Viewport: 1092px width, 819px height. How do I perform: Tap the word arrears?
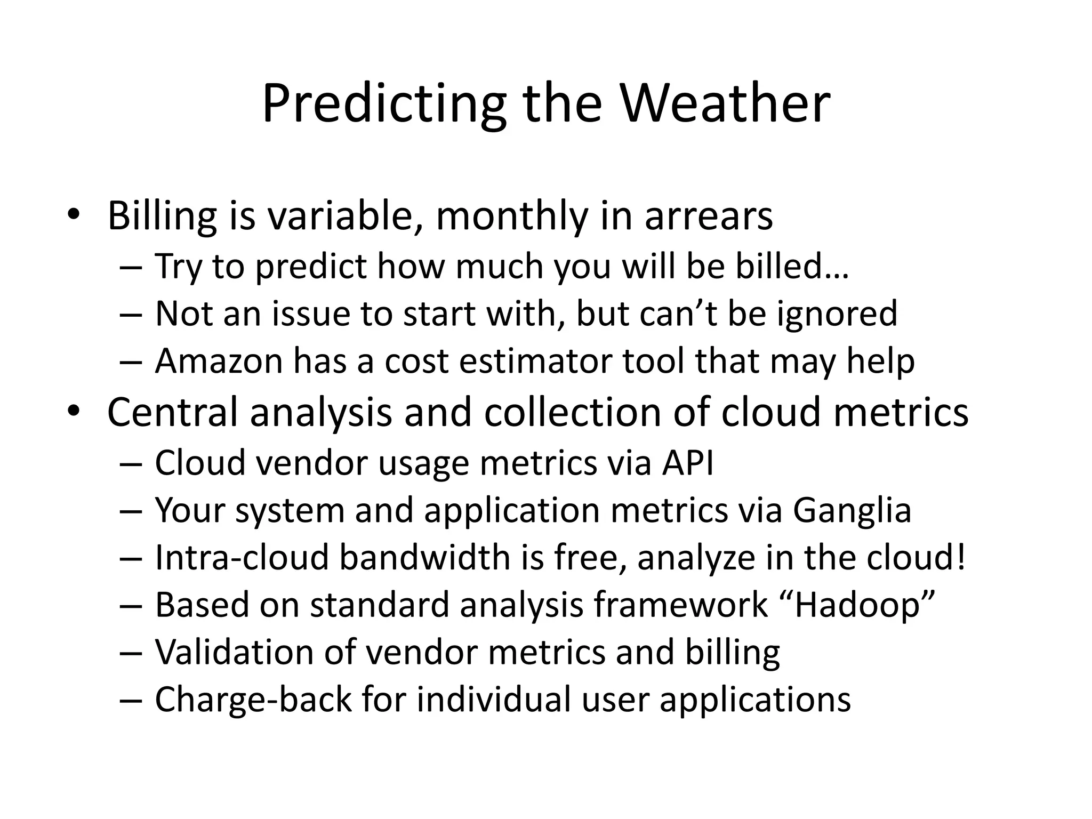click(709, 216)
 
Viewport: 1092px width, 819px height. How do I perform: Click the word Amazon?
click(219, 361)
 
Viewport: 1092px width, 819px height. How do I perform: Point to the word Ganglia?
click(852, 510)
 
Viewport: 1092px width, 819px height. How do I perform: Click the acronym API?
click(688, 462)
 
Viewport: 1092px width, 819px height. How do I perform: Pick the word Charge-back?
click(253, 700)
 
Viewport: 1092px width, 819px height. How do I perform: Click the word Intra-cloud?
click(242, 558)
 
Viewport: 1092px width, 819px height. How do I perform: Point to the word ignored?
click(837, 314)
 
